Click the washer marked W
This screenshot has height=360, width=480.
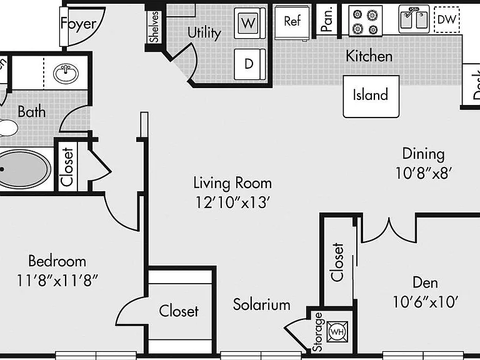pyautogui.click(x=249, y=23)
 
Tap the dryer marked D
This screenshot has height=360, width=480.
pyautogui.click(x=249, y=64)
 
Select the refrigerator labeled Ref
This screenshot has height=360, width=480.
pyautogui.click(x=292, y=22)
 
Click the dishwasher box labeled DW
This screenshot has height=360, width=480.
pyautogui.click(x=447, y=20)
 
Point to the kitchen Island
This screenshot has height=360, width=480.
pyautogui.click(x=371, y=96)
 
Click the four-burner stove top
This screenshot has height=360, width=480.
pyautogui.click(x=365, y=21)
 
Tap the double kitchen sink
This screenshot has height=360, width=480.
pyautogui.click(x=414, y=19)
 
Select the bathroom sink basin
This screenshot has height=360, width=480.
pyautogui.click(x=66, y=74)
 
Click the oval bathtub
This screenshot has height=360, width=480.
pyautogui.click(x=24, y=169)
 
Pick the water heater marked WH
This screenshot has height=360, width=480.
pyautogui.click(x=337, y=331)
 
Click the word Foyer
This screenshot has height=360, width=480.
pyautogui.click(x=78, y=24)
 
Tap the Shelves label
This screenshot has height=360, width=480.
pyautogui.click(x=154, y=27)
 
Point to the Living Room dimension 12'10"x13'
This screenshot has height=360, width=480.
pyautogui.click(x=232, y=202)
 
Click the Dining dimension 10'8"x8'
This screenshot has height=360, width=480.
pyautogui.click(x=423, y=173)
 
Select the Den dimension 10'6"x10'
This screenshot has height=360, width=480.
pyautogui.click(x=425, y=302)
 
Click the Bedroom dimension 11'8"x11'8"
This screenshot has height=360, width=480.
pyautogui.click(x=57, y=281)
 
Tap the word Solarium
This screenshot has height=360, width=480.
pyautogui.click(x=261, y=304)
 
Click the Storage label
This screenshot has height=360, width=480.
pyautogui.click(x=317, y=332)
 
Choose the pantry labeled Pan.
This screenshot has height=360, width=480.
pyautogui.click(x=327, y=20)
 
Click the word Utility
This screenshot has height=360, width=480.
pyautogui.click(x=204, y=32)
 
